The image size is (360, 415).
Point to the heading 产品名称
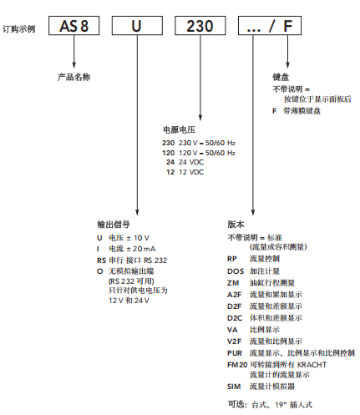(x=74, y=77)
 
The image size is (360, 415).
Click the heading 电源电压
(x=179, y=129)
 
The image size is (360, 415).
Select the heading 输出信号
(x=114, y=224)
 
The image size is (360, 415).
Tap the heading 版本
(x=236, y=224)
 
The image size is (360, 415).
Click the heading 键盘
(x=281, y=77)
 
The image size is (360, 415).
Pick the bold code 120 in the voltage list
(x=168, y=153)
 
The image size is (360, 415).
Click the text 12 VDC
(x=191, y=172)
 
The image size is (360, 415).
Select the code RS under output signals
(x=101, y=261)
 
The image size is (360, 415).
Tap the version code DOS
(x=236, y=271)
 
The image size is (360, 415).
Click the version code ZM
(x=233, y=283)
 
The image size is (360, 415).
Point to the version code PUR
(x=235, y=353)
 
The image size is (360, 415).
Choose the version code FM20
(x=237, y=365)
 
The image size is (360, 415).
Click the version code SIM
(x=234, y=387)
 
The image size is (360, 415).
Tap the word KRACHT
(x=312, y=365)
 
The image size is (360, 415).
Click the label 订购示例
(x=19, y=28)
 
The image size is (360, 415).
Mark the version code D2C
(x=235, y=318)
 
